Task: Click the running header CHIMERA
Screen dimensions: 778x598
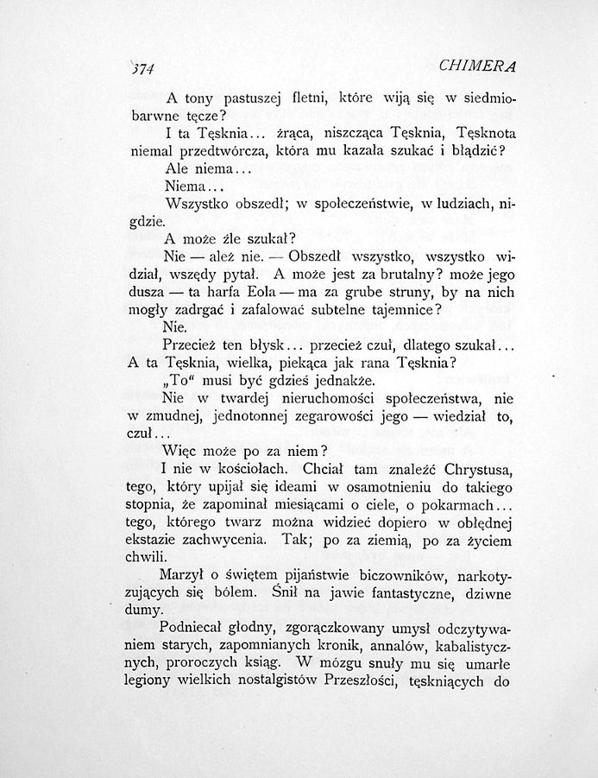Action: click(x=478, y=66)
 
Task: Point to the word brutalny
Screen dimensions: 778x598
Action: click(x=399, y=274)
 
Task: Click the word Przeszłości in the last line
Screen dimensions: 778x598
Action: click(x=353, y=683)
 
